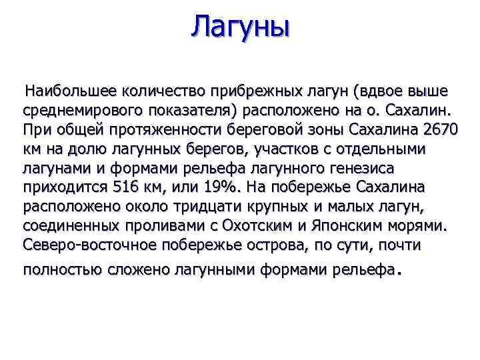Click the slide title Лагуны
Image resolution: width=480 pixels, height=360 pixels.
click(240, 28)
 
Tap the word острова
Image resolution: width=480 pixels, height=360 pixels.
click(271, 245)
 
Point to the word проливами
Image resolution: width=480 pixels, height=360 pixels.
click(148, 225)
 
